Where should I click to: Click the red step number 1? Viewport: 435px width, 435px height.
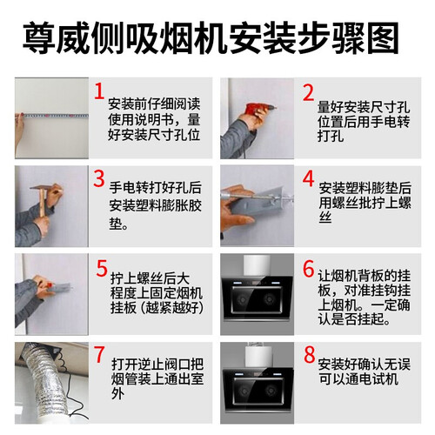pos(99,91)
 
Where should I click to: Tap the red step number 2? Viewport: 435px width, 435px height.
pos(308,93)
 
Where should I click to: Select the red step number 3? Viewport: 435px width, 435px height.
pos(99,178)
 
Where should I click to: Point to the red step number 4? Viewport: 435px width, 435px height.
pos(308,178)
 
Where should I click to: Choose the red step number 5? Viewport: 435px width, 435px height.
pos(102,268)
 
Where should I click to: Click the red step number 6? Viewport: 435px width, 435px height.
pos(309,268)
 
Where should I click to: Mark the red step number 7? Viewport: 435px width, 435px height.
pos(99,354)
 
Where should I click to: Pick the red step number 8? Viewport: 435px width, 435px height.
pos(310,354)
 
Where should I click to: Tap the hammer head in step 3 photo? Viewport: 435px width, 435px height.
pos(45,187)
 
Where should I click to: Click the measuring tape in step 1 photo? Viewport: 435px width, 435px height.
pos(55,116)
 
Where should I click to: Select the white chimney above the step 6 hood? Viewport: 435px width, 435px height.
pos(257,266)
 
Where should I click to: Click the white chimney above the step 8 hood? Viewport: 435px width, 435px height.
pos(258,355)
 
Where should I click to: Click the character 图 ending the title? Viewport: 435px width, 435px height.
pos(383,38)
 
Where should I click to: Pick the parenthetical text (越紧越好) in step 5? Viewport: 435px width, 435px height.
pos(171,308)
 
